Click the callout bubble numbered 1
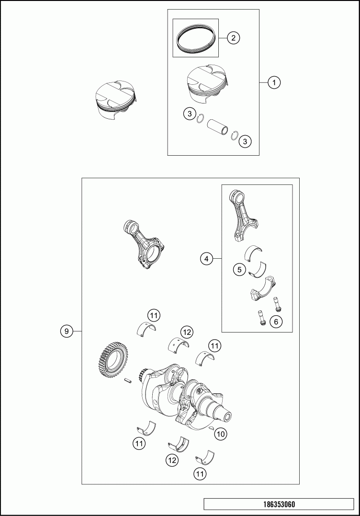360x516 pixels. [x=274, y=82]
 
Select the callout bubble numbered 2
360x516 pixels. [x=233, y=38]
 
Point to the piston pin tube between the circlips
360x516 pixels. [x=218, y=126]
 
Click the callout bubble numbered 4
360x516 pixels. [x=206, y=259]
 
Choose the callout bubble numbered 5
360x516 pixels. [x=239, y=270]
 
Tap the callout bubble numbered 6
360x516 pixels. [x=276, y=321]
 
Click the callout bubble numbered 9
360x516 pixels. [x=67, y=331]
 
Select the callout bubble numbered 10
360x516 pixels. [x=221, y=434]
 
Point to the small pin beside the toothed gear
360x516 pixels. [x=128, y=381]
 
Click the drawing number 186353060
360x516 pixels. [x=279, y=505]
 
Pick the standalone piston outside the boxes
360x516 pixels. [x=114, y=99]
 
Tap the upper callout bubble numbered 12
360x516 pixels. [x=187, y=333]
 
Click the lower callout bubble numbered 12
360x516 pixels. [x=172, y=460]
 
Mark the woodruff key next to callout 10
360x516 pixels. [x=212, y=428]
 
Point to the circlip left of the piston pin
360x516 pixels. [x=201, y=118]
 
